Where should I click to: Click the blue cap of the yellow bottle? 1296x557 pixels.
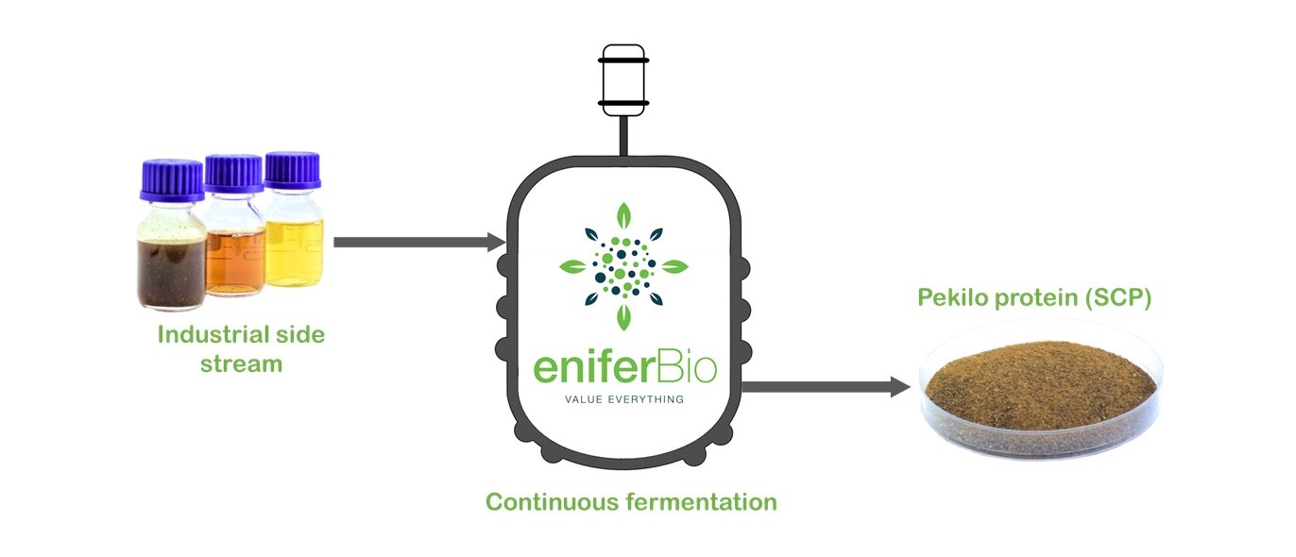pos(293,170)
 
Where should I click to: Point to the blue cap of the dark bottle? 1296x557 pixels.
pos(173,180)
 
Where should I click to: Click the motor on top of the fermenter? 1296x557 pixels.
pos(623,80)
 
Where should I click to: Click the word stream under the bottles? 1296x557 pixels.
pos(241,364)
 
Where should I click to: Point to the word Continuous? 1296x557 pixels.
pos(553,502)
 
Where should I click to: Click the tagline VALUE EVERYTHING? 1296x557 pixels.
pos(624,399)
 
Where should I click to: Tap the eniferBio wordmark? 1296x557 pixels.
pos(625,367)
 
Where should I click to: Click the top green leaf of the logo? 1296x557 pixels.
pos(623,216)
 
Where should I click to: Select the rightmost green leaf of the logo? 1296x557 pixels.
pos(674,266)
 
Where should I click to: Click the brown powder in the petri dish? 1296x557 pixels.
pos(1041,385)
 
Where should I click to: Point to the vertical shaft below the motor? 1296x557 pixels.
pos(623,137)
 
